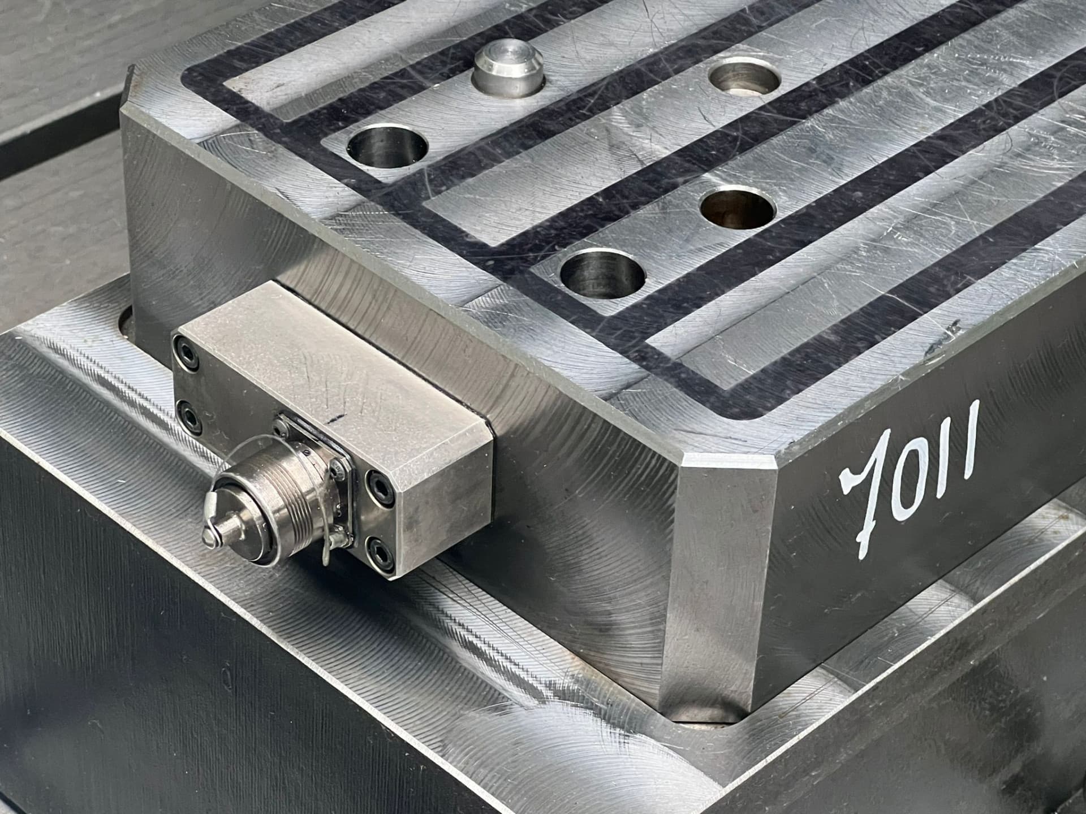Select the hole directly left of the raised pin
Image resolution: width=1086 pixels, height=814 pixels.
pyautogui.click(x=387, y=145)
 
